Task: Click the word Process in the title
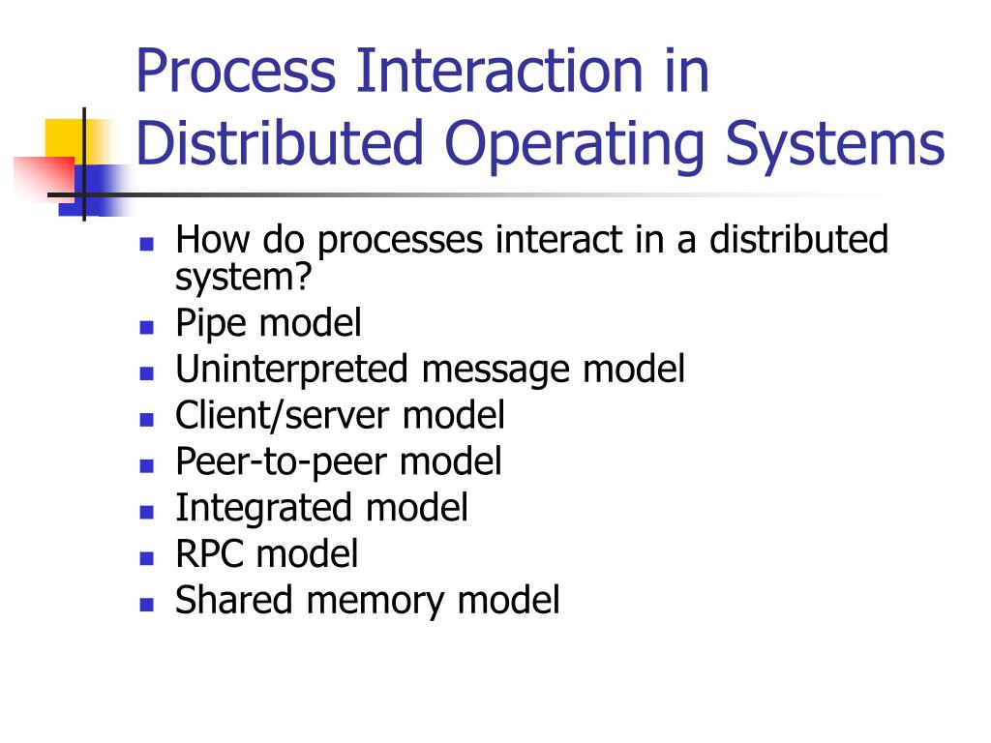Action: [237, 74]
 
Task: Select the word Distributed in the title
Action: [281, 142]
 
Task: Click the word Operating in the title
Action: [572, 144]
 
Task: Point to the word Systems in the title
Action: [835, 142]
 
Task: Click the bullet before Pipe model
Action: [147, 325]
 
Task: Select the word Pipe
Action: [207, 323]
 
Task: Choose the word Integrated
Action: [263, 508]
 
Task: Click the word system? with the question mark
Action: [244, 278]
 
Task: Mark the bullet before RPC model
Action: [147, 557]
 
